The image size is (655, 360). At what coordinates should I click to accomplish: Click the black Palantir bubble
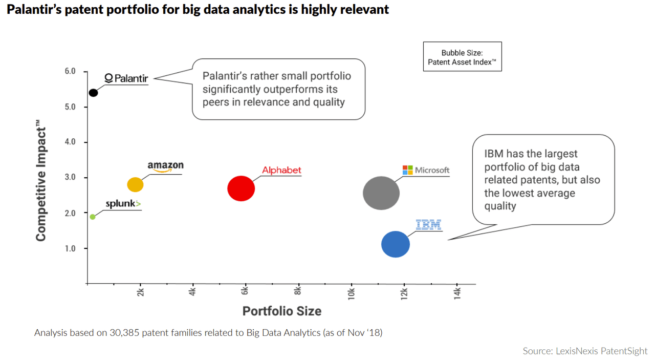[93, 93]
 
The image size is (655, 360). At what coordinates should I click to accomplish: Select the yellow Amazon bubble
[135, 185]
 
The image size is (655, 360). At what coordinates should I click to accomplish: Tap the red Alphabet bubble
[241, 188]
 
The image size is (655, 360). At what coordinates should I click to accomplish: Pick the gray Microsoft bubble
[381, 193]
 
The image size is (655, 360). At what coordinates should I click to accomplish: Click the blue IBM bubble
[396, 244]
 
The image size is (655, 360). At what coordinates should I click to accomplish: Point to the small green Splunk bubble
[93, 217]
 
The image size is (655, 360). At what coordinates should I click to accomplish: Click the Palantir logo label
[126, 78]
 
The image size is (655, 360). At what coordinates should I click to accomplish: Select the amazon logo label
[165, 166]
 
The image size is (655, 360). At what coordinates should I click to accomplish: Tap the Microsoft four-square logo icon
[407, 170]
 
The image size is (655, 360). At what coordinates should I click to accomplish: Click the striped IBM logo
[428, 224]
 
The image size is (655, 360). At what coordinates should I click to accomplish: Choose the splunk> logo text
[123, 204]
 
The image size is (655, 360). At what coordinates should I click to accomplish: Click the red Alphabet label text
[281, 170]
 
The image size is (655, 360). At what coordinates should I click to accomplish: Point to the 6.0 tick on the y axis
[70, 71]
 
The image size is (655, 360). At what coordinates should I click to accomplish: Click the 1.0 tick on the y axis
[70, 248]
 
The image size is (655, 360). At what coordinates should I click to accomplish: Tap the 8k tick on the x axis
[298, 292]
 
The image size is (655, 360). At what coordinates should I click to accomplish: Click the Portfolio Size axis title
[281, 311]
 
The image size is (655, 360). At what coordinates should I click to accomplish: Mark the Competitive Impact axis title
[41, 181]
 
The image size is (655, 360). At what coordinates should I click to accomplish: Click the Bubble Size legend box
[462, 57]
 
